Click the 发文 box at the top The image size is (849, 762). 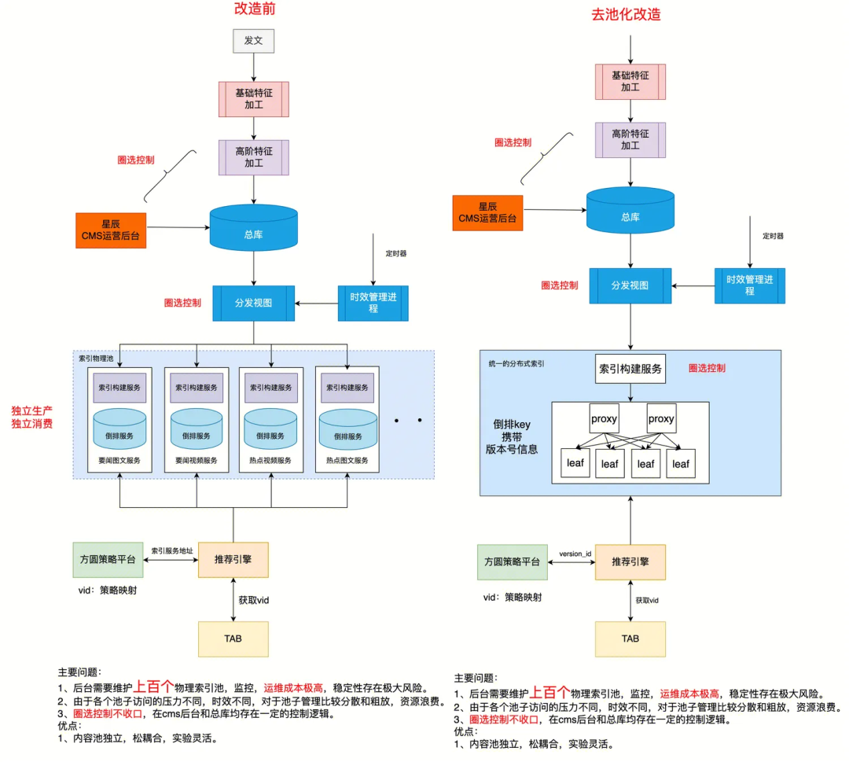[253, 40]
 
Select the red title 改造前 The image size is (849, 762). [254, 10]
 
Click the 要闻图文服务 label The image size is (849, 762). [119, 460]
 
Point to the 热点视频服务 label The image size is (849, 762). [270, 460]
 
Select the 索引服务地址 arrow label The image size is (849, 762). [172, 550]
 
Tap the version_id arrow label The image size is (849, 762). [575, 554]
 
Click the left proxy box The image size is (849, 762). [605, 419]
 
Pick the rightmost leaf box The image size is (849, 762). [681, 464]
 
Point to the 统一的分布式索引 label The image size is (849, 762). [516, 364]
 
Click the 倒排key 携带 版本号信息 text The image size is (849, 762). [512, 436]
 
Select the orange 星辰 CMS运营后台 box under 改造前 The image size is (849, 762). [111, 230]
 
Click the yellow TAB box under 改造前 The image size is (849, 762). [233, 639]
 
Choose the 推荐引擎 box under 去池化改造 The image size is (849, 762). [630, 562]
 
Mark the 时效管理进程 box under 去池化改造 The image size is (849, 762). [749, 285]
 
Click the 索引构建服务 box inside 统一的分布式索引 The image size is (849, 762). [630, 369]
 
